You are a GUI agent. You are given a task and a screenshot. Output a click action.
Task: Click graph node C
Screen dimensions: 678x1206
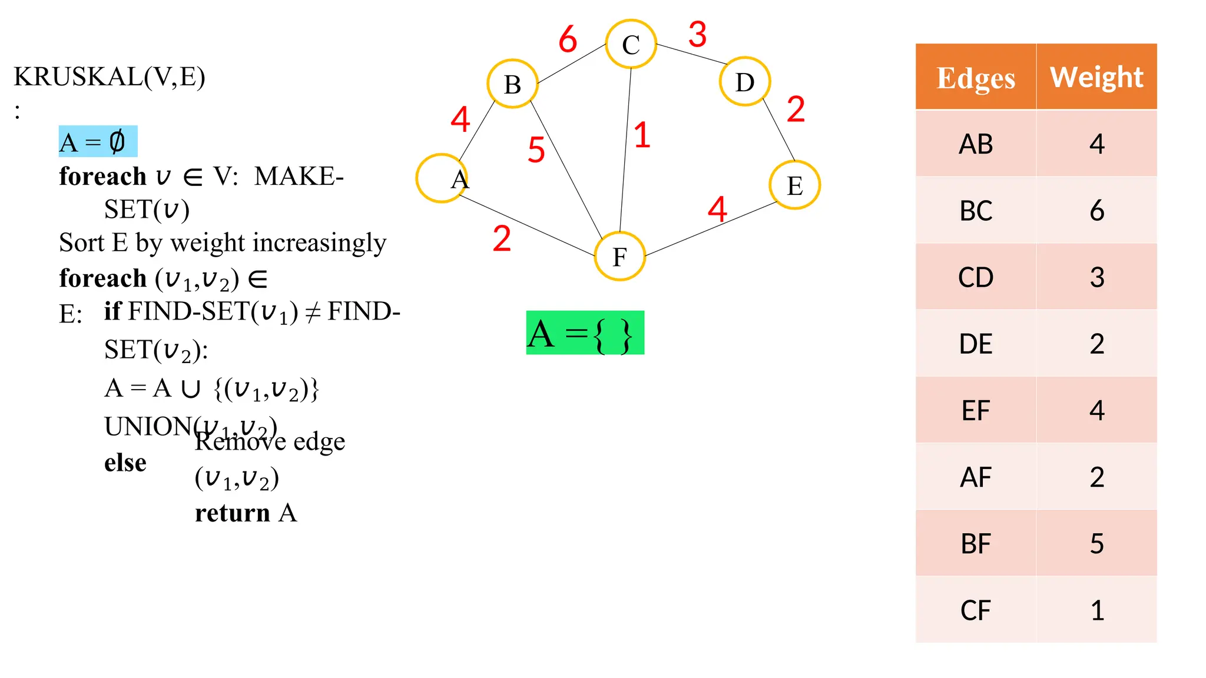click(x=631, y=44)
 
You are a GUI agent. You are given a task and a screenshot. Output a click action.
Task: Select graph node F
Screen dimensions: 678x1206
click(x=619, y=257)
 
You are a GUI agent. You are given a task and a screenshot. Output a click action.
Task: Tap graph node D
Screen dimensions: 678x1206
click(x=744, y=82)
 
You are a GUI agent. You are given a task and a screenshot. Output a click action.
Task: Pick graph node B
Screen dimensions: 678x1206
click(x=512, y=84)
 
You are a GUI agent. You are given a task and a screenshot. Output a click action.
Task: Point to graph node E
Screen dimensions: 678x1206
click(x=794, y=185)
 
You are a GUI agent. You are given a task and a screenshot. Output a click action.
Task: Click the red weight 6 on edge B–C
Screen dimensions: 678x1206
click(x=568, y=39)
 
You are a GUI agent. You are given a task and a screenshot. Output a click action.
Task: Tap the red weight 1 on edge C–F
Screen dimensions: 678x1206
click(x=642, y=135)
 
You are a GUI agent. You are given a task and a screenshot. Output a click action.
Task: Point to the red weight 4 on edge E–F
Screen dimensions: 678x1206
click(x=717, y=209)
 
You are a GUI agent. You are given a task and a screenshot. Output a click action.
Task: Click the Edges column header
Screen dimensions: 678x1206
click(x=976, y=77)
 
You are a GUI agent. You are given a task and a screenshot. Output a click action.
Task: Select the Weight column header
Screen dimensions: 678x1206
click(x=1096, y=77)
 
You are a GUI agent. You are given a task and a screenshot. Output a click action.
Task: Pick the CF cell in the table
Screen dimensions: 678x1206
click(x=976, y=610)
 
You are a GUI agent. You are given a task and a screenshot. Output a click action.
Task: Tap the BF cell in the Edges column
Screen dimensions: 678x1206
click(x=976, y=543)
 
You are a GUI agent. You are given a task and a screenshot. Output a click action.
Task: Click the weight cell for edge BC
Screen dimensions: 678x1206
click(x=1096, y=210)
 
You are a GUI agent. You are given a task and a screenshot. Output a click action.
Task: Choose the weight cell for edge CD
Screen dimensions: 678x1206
click(x=1096, y=277)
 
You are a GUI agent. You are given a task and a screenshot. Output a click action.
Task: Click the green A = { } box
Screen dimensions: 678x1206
click(x=585, y=333)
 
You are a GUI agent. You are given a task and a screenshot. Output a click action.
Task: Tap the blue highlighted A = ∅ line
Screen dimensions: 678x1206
click(x=98, y=142)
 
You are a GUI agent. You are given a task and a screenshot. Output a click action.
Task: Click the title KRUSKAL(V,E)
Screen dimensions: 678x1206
click(x=110, y=77)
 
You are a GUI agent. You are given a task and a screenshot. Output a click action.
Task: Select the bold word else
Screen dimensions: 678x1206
click(x=125, y=463)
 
